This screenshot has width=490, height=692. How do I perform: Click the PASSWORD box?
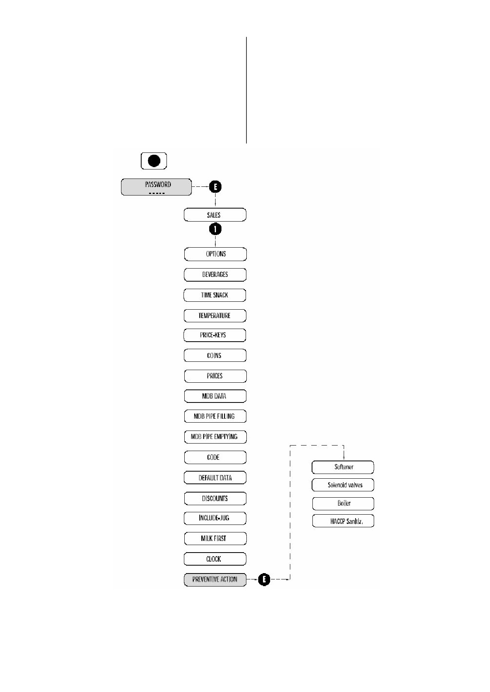(x=156, y=187)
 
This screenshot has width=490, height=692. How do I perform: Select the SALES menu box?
(x=215, y=215)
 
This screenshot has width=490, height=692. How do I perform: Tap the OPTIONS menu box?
(x=215, y=254)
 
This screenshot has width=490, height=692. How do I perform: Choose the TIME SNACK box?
(x=215, y=295)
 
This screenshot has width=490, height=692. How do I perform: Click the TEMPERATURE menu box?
(x=215, y=316)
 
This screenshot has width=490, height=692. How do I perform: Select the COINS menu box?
(x=215, y=355)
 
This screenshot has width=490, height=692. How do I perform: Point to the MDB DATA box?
(x=215, y=396)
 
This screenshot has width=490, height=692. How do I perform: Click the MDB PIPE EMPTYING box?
(x=215, y=436)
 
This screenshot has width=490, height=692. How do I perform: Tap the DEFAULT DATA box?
(x=215, y=478)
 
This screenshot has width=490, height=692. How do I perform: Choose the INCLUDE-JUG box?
(x=215, y=518)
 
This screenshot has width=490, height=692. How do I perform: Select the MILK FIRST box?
(x=215, y=538)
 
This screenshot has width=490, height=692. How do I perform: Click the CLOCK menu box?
(x=215, y=559)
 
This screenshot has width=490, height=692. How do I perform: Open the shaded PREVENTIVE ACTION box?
(x=215, y=579)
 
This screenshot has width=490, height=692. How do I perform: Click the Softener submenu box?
(x=343, y=467)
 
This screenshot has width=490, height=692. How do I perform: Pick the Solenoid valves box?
(x=343, y=485)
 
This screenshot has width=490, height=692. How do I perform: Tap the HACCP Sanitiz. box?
(x=343, y=521)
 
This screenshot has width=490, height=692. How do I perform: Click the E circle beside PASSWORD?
(x=215, y=187)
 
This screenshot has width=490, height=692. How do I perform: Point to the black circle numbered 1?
(x=215, y=229)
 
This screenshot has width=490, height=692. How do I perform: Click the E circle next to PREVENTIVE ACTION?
(x=264, y=580)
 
